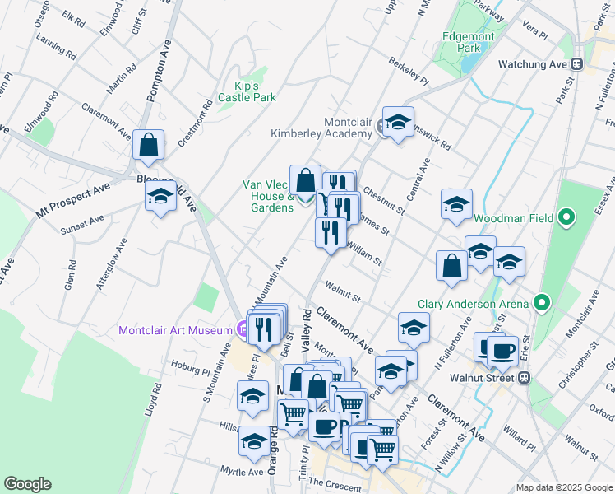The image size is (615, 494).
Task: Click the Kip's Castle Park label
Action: point(247,91)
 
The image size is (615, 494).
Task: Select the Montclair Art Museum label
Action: point(175,330)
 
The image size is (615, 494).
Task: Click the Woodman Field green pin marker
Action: point(566,218)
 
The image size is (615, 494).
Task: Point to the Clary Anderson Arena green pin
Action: point(542,303)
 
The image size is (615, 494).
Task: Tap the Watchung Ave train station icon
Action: point(577,63)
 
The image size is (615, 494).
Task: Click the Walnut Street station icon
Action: point(523,378)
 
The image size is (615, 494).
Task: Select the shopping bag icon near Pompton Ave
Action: point(149,145)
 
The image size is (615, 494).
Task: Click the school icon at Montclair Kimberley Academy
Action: point(399,123)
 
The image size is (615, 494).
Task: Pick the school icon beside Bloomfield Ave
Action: point(160,196)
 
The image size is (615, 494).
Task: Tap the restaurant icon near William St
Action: point(331,234)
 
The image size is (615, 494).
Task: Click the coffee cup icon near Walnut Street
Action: point(502,351)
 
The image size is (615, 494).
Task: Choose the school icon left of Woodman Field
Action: point(456,205)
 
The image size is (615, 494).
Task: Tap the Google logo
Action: point(27,484)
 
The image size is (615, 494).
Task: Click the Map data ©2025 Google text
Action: point(563,487)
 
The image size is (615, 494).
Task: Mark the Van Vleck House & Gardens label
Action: point(268,196)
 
